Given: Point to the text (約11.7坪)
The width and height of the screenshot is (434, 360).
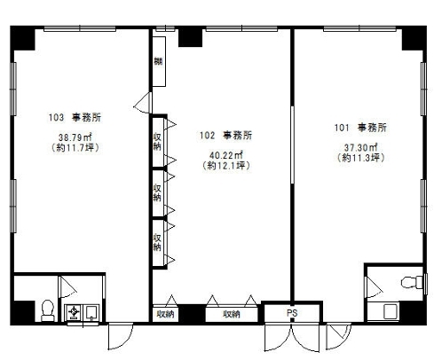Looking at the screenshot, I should [x=75, y=148].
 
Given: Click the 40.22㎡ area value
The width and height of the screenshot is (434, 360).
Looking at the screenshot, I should [x=223, y=155].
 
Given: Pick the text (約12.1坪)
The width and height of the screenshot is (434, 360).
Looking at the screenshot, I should [x=223, y=166].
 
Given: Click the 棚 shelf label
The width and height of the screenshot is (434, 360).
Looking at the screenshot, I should [x=158, y=61].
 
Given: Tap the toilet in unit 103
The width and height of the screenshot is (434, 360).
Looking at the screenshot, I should [x=46, y=309].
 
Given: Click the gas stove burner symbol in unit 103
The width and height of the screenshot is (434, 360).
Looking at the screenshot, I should [x=74, y=312].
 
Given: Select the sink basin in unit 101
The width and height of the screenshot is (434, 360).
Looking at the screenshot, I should [x=386, y=309].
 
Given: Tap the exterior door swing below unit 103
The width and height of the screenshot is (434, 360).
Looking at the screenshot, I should [x=119, y=334].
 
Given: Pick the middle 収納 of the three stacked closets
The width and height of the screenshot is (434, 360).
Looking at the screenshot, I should [x=156, y=192].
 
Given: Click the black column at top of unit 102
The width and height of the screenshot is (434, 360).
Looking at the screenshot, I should [x=190, y=36].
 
